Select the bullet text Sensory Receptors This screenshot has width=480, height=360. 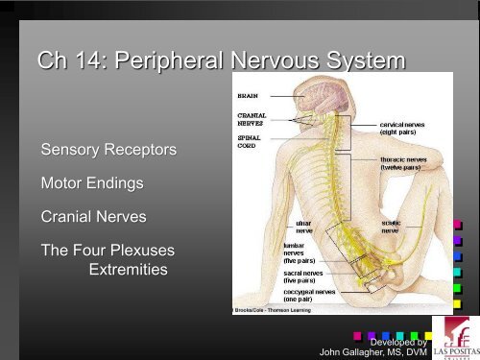click(x=108, y=151)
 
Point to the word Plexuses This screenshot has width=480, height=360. click(x=140, y=252)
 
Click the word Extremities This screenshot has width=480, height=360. click(x=127, y=271)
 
